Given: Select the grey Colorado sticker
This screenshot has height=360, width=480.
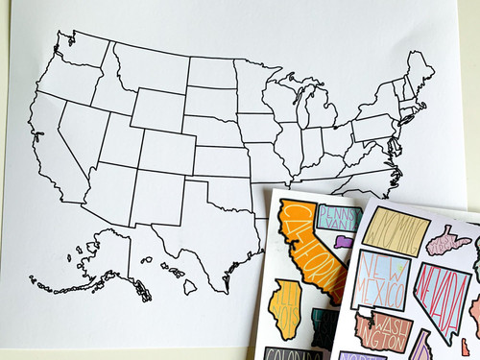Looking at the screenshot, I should click(x=291, y=353).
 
